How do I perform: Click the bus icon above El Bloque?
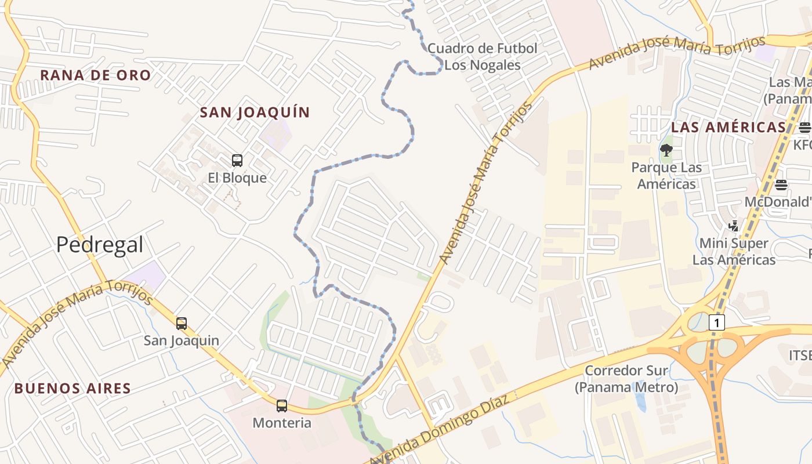(237, 161)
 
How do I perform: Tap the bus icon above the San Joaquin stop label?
(182, 324)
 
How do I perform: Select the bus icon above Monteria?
(282, 406)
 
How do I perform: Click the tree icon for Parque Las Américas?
(666, 151)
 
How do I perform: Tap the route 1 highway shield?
(717, 322)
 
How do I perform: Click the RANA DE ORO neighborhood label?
(96, 75)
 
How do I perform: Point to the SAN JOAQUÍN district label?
(255, 113)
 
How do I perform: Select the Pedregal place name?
(100, 245)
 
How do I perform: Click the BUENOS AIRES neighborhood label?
(72, 388)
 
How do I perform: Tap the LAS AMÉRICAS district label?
(728, 128)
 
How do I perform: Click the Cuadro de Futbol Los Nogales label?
(483, 56)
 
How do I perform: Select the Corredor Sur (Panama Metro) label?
(626, 378)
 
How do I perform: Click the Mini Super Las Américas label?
(734, 251)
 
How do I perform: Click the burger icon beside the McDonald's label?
(781, 185)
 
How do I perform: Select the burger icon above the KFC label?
(804, 127)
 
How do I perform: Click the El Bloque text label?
(237, 177)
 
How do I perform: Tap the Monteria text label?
(282, 423)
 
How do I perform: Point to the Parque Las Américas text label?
(666, 176)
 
